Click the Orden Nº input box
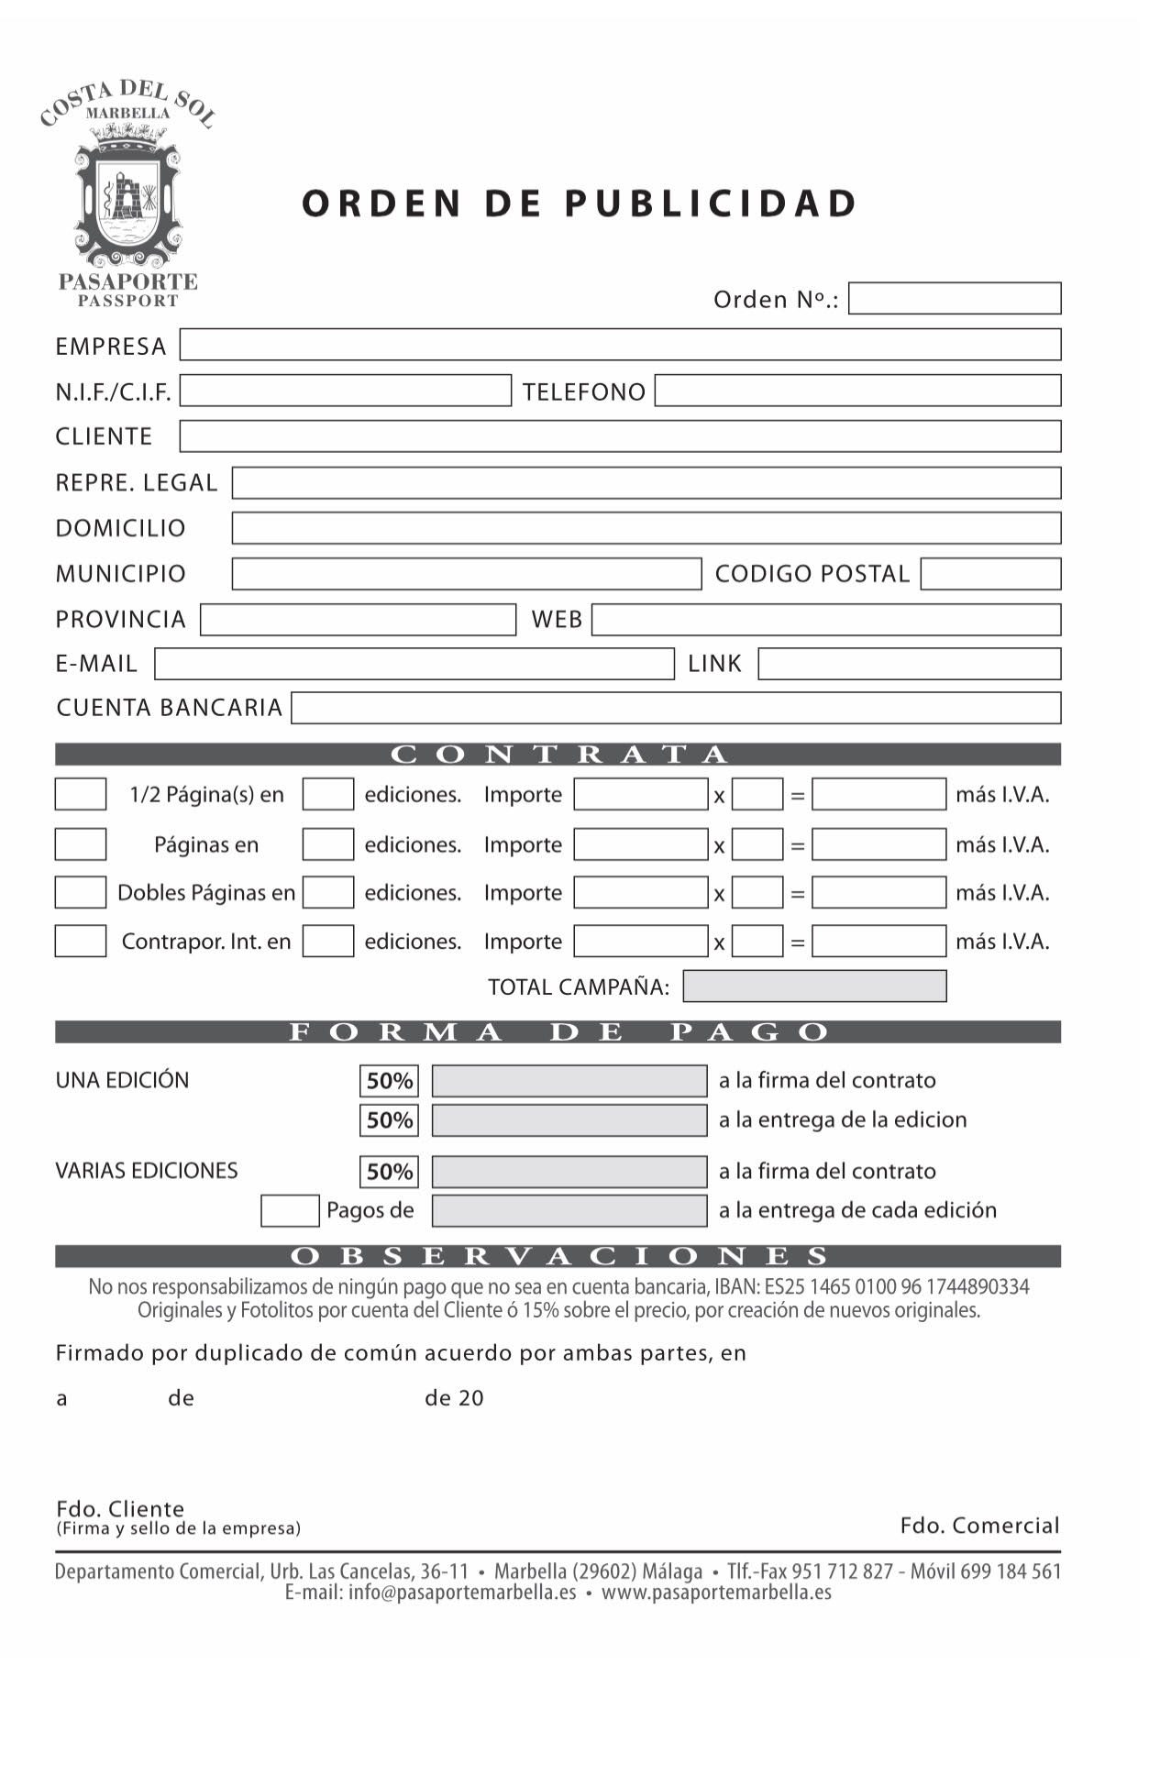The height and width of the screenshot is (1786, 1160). click(x=954, y=299)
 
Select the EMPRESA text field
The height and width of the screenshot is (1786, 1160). click(x=620, y=345)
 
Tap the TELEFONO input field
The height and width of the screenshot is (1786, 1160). click(x=857, y=391)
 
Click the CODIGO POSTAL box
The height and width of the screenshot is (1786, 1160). click(x=990, y=574)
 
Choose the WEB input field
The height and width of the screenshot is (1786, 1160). click(x=825, y=620)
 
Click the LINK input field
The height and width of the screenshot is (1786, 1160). click(x=909, y=664)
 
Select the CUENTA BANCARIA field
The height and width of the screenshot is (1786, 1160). click(x=676, y=708)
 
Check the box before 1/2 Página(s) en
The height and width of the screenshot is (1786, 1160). click(x=81, y=794)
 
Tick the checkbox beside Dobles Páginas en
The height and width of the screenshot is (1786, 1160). click(x=81, y=892)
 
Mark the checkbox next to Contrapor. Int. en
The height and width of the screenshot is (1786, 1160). click(x=81, y=942)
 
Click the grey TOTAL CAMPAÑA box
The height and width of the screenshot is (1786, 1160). click(x=814, y=987)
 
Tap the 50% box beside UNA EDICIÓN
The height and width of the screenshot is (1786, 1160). click(x=389, y=1081)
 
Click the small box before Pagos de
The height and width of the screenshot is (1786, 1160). click(x=290, y=1210)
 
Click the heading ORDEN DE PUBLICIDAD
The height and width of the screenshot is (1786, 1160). click(x=580, y=204)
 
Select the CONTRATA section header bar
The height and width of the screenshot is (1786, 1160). click(x=558, y=755)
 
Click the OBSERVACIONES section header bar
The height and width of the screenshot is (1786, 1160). click(x=558, y=1255)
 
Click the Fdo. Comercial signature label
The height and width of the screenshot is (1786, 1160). click(x=978, y=1525)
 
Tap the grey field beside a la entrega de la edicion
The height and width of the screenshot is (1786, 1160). click(x=569, y=1119)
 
